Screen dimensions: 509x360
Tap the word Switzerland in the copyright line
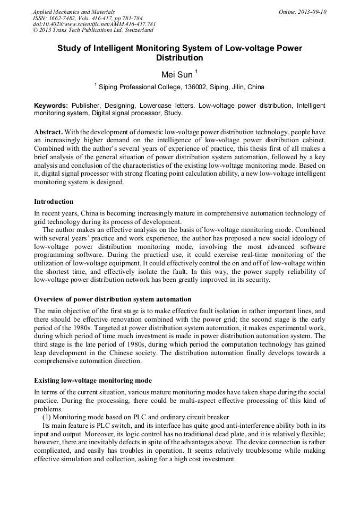[x=135, y=30]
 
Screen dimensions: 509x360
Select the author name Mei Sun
[x=177, y=74]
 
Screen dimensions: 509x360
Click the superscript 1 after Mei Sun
[x=196, y=71]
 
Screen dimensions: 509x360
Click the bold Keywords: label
[x=51, y=106]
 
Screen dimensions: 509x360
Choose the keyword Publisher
[x=89, y=106]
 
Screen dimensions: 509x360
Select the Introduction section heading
[x=54, y=202]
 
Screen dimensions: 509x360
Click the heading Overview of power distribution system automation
[x=113, y=299]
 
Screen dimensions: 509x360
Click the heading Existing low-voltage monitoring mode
[x=92, y=381]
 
